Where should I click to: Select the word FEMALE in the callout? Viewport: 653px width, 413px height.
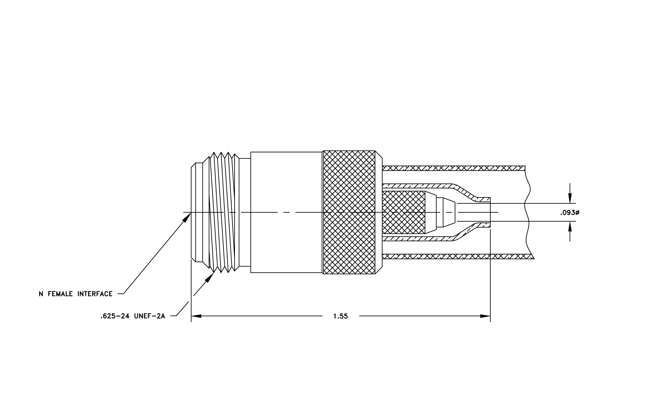60,294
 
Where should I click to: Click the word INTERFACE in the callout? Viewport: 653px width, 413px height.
95,294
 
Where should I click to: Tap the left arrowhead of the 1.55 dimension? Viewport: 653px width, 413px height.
196,316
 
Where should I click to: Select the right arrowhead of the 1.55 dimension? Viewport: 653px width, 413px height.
485,316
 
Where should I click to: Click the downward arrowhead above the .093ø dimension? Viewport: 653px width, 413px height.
570,198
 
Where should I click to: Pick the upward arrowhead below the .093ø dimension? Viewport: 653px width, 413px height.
570,227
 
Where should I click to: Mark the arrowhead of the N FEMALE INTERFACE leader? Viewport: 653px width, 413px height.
187,217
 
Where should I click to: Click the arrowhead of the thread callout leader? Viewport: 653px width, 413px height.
209,277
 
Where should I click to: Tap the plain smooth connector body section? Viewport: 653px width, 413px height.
286,212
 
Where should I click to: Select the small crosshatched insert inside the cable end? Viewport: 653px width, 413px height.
403,212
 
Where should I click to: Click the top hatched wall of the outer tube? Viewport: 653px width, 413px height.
454,168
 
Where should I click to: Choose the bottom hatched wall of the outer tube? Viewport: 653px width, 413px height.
458,256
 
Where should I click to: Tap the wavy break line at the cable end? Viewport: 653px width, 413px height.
528,212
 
